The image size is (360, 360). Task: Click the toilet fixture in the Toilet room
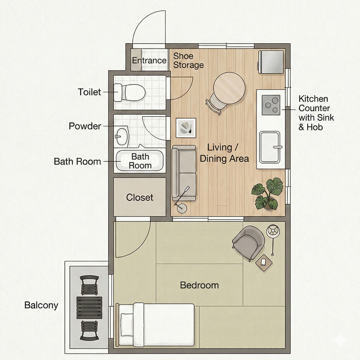pyautogui.click(x=130, y=93)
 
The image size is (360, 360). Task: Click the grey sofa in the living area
pyautogui.click(x=184, y=173)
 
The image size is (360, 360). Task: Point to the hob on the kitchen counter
pyautogui.click(x=271, y=105)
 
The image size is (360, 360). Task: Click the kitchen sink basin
pyautogui.click(x=270, y=147)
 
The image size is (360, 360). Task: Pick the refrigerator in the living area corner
pyautogui.click(x=271, y=62)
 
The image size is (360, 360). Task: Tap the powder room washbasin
pyautogui.click(x=121, y=136)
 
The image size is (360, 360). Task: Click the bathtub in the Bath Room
pyautogui.click(x=140, y=160)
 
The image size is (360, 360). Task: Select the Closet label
pyautogui.click(x=139, y=198)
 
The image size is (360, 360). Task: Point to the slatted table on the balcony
pyautogui.click(x=89, y=308)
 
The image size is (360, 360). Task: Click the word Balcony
pyautogui.click(x=41, y=306)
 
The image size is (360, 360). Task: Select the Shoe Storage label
pyautogui.click(x=189, y=60)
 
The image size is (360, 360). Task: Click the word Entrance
pyautogui.click(x=149, y=60)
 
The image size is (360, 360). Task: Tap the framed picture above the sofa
pyautogui.click(x=186, y=128)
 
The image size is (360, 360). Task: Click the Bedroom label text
pyautogui.click(x=199, y=285)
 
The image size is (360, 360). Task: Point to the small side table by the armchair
pyautogui.click(x=264, y=263)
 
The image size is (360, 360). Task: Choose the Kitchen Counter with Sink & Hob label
pyautogui.click(x=316, y=113)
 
